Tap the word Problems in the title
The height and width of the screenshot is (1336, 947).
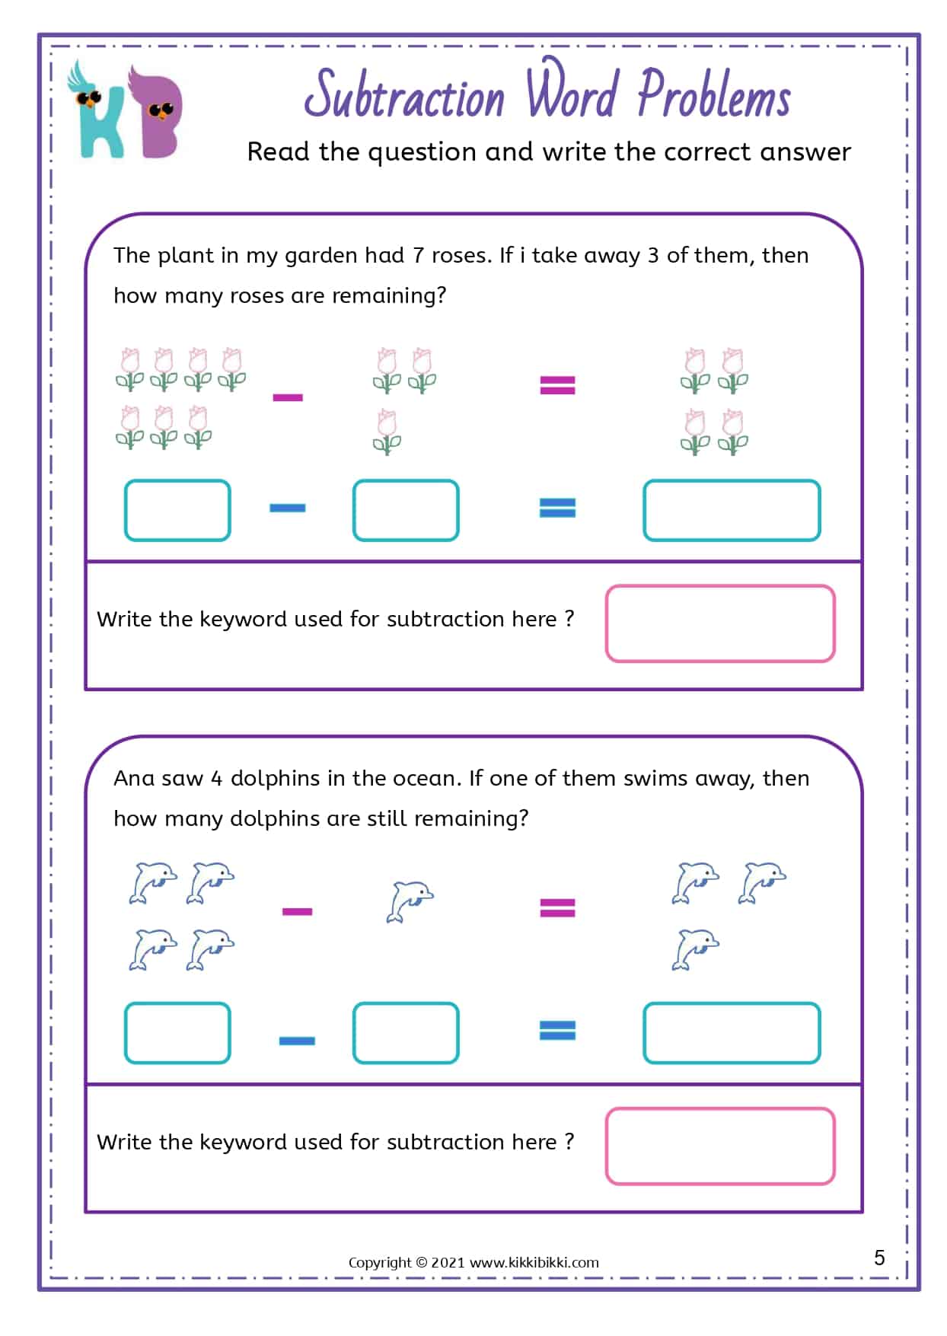[713, 95]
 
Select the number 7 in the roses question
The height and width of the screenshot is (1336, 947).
[418, 256]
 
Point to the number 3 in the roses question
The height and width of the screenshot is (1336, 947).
[653, 256]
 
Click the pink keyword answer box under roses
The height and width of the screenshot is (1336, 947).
[719, 623]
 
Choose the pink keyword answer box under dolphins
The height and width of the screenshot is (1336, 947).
[719, 1146]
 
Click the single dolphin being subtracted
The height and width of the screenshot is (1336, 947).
[410, 901]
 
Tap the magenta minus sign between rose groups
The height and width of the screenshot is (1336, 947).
[288, 397]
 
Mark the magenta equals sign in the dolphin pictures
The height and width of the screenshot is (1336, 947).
[557, 907]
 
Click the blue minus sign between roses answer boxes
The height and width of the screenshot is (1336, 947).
[288, 508]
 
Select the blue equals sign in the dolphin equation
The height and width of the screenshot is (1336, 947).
[557, 1030]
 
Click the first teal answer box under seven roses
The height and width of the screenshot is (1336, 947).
[177, 510]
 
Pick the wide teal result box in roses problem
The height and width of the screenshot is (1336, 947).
[731, 510]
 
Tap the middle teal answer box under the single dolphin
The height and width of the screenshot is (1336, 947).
[406, 1033]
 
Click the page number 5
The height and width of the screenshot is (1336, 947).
[879, 1257]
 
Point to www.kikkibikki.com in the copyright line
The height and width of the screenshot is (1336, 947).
[534, 1262]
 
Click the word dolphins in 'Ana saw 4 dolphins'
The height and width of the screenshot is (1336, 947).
[275, 778]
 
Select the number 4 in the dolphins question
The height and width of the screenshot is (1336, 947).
[216, 779]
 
